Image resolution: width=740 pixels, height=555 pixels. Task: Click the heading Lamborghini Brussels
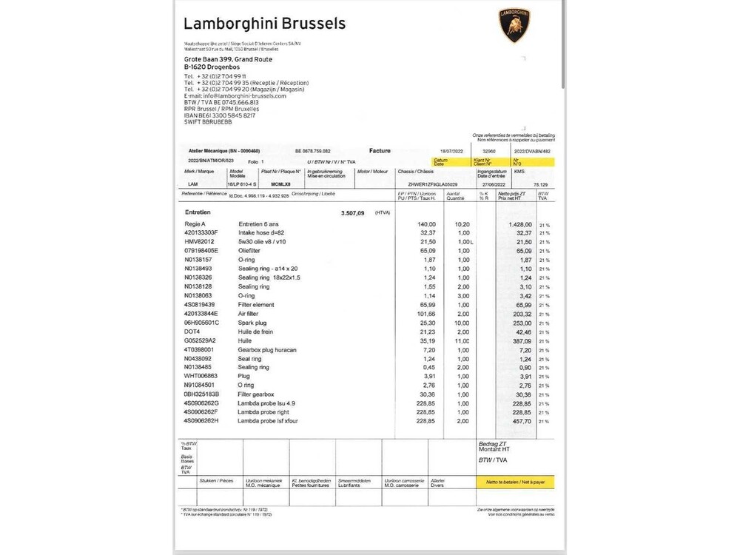(x=264, y=24)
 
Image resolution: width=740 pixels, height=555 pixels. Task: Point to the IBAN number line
(x=220, y=115)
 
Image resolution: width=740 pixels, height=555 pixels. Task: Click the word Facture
(x=380, y=150)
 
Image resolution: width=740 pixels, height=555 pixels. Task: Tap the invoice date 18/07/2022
(x=449, y=151)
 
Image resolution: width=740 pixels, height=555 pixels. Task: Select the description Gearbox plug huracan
(x=267, y=349)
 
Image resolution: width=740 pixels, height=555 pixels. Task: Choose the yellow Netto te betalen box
(x=514, y=481)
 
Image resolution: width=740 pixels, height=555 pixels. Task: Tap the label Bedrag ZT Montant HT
(x=495, y=446)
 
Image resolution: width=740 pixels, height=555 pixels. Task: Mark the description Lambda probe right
(x=264, y=411)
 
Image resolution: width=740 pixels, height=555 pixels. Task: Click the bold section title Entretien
(x=198, y=212)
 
